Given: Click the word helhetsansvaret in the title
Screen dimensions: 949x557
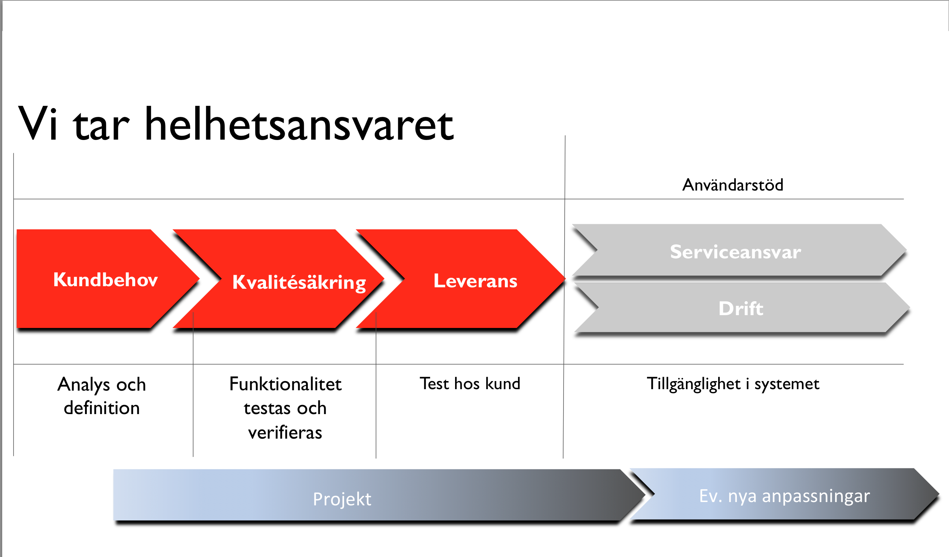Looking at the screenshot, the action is (x=299, y=124).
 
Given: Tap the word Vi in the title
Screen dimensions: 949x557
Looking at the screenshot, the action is (x=38, y=124).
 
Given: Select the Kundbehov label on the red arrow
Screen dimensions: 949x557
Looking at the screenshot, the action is (x=106, y=280).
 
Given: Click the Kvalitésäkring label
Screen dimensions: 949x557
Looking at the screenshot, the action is (x=299, y=283).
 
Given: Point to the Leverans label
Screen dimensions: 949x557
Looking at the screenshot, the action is (x=475, y=281).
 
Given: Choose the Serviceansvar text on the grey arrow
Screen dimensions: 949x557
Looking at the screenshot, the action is (x=735, y=252).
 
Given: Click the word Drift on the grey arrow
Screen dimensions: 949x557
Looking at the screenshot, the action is (x=741, y=309).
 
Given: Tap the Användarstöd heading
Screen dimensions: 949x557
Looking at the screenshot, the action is (x=733, y=185).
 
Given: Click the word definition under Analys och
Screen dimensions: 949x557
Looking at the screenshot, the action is (x=102, y=408).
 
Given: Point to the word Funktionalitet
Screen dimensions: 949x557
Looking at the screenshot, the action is (x=285, y=384).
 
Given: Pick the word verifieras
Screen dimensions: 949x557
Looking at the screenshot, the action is (x=285, y=432).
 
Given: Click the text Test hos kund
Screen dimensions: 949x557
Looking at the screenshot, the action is (x=470, y=384).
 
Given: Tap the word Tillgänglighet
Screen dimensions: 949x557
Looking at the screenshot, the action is (x=694, y=384).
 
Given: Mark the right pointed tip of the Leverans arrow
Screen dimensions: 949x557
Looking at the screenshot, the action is (x=565, y=279).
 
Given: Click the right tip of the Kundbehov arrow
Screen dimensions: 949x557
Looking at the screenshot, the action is (x=200, y=279).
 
